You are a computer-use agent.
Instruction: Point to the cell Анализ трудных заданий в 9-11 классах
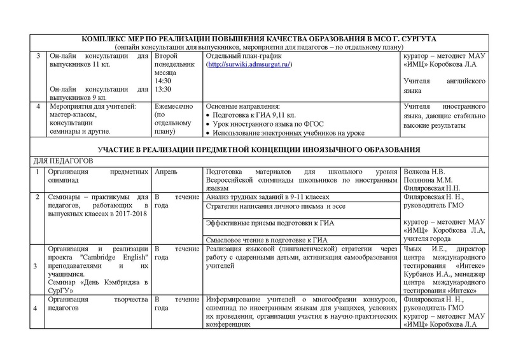[268, 198]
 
